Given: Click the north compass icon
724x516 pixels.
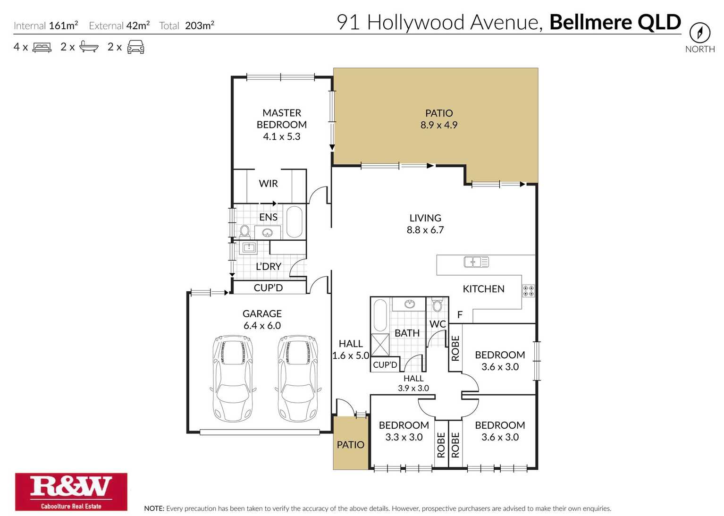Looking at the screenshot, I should click(x=699, y=33).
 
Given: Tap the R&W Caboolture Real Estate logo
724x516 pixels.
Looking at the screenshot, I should click(x=71, y=491).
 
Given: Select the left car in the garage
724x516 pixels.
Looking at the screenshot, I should click(x=233, y=379).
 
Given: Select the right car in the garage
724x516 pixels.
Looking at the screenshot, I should click(x=298, y=379).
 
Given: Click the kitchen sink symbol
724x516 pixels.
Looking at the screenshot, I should click(x=476, y=262).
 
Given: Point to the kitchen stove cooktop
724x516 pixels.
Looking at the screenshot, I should click(x=528, y=291).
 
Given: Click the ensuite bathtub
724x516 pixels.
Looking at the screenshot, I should click(x=294, y=221).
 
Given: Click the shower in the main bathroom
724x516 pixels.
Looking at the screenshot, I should click(x=380, y=345).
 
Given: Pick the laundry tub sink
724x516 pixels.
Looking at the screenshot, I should click(x=249, y=247).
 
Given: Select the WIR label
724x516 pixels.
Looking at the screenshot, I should click(x=268, y=184).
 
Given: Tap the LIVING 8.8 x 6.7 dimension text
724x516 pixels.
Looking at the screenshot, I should click(x=425, y=230).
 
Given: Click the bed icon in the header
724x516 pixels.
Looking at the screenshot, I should click(x=42, y=47).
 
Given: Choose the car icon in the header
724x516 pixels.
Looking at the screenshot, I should click(x=135, y=47).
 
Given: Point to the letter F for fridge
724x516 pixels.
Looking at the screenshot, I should click(x=460, y=315).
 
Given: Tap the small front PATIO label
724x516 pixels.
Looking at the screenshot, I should click(x=350, y=445).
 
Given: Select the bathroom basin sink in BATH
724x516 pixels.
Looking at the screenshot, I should click(x=410, y=304).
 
